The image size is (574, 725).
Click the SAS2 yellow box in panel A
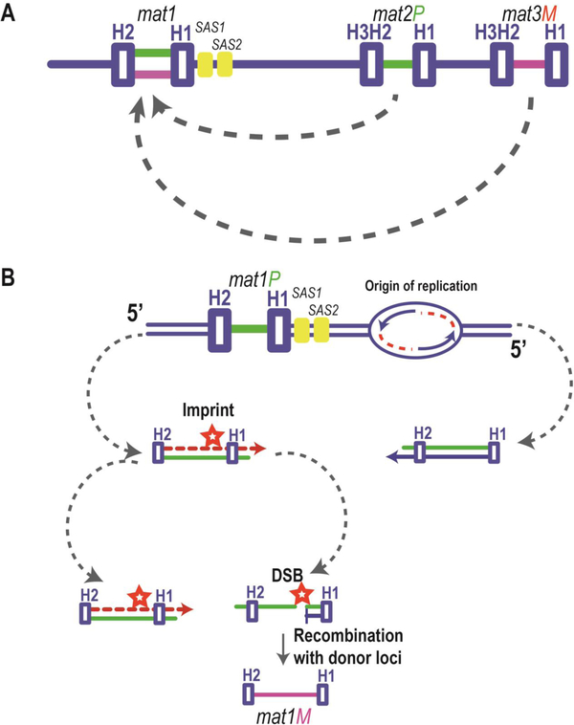click(x=225, y=64)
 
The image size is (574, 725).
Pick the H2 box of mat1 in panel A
click(x=123, y=64)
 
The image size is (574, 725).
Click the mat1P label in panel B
click(x=250, y=282)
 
